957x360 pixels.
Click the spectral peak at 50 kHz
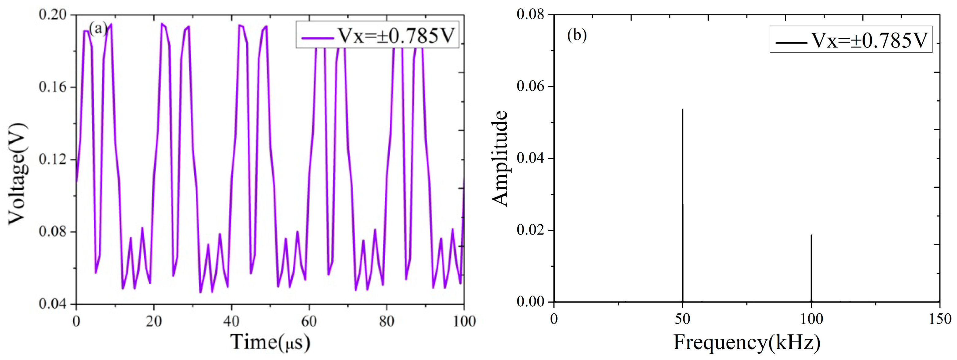(x=682, y=110)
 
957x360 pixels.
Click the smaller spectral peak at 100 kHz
(x=811, y=236)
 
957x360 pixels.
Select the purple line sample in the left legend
(x=317, y=37)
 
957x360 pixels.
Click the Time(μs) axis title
(x=270, y=342)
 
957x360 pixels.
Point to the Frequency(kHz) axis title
(x=747, y=342)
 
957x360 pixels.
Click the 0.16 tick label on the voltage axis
(x=53, y=87)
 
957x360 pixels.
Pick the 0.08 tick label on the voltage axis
(x=53, y=232)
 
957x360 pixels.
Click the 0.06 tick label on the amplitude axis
(x=530, y=86)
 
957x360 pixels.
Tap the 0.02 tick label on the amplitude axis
(x=530, y=230)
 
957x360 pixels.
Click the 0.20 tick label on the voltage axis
(x=53, y=14)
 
